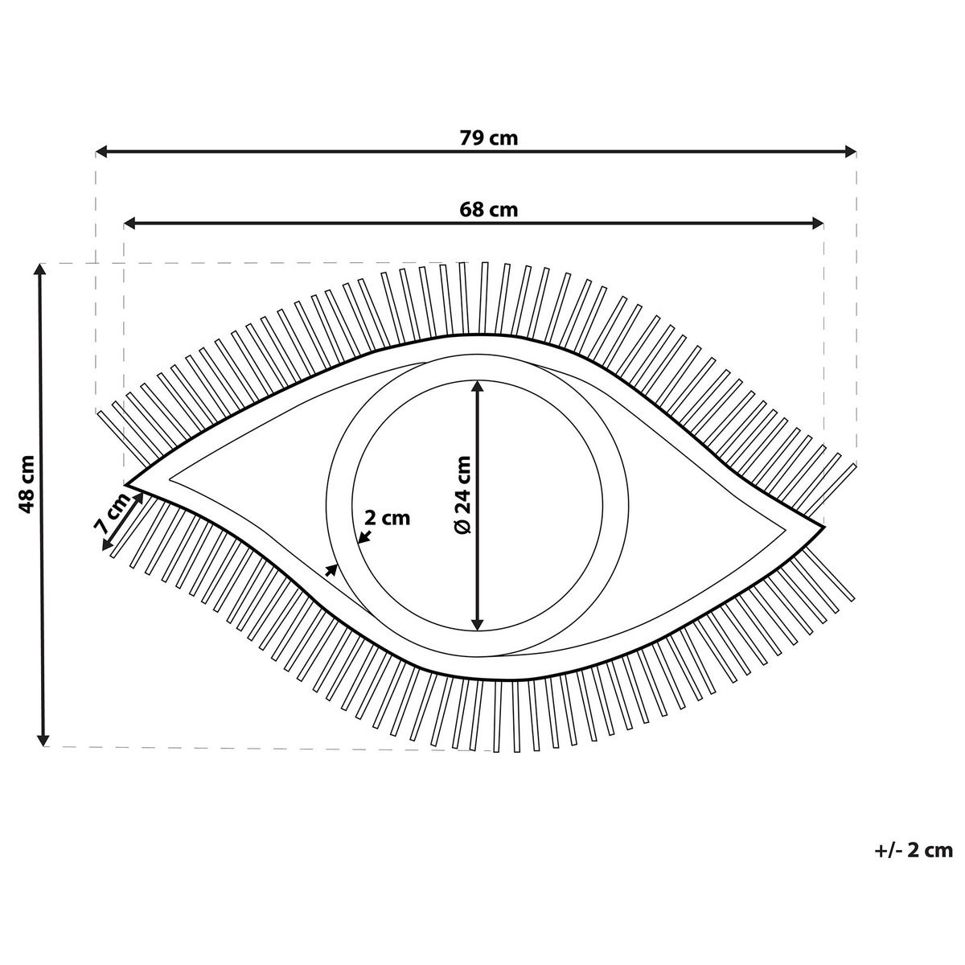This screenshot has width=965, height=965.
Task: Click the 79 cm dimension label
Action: [488, 138]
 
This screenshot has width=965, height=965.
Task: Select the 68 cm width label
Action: [488, 210]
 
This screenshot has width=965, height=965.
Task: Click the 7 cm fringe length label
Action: [112, 511]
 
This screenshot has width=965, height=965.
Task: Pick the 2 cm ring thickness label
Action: [387, 518]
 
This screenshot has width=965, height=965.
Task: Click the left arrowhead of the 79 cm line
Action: [101, 151]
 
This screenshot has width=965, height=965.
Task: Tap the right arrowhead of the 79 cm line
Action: [850, 151]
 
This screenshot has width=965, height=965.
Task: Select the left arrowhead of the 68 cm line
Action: [129, 224]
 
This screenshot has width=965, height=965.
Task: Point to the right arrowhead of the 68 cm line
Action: [818, 224]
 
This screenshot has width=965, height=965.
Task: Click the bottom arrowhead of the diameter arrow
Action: [478, 624]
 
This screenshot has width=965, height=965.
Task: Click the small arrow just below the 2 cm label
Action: [365, 537]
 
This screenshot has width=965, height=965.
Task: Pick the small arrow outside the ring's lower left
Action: [331, 569]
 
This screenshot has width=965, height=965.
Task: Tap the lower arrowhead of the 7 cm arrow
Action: [107, 544]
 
